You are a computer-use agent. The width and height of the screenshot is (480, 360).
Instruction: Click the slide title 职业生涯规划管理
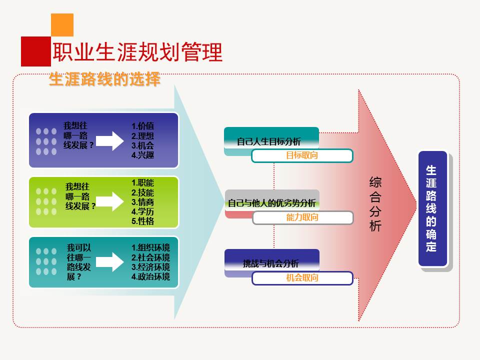pos(137,52)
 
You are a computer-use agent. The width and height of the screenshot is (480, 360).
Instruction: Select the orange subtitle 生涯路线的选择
pos(104,79)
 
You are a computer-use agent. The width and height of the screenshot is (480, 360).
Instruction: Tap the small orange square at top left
pos(62,24)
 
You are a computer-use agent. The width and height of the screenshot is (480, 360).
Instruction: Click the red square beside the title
pos(36,51)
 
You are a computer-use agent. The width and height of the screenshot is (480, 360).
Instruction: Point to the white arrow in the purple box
pos(110,140)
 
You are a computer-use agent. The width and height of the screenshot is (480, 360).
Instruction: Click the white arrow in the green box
pos(110,201)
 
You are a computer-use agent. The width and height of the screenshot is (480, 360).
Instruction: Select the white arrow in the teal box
pos(110,261)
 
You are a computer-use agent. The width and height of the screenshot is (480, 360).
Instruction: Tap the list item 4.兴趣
pos(142,155)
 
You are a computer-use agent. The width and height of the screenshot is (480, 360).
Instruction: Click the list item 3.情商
pos(142,202)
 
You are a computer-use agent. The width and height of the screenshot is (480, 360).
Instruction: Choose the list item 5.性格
pos(142,221)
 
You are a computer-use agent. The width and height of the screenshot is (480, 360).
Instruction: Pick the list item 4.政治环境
pos(150,276)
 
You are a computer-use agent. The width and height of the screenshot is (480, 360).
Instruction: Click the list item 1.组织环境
pos(150,247)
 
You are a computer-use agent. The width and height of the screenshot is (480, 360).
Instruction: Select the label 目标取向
pos(302,155)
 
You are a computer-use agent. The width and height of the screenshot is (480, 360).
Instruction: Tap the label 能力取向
pos(302,217)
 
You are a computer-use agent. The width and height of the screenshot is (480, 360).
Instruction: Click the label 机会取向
pos(302,278)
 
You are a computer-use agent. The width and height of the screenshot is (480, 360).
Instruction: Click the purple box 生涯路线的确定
pos(432,208)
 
